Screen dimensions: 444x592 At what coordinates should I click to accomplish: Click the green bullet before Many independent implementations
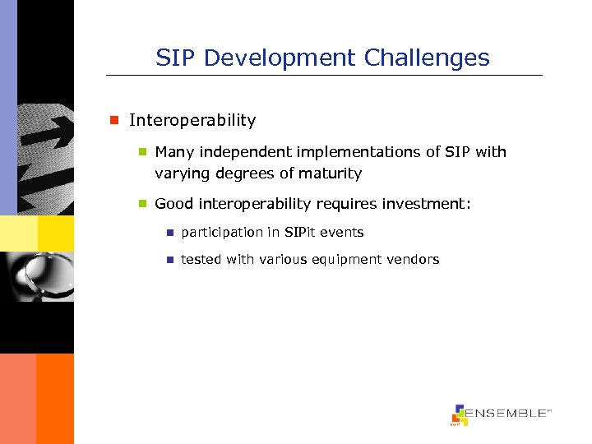[x=141, y=152]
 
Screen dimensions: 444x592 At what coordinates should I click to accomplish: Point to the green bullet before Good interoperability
[x=141, y=204]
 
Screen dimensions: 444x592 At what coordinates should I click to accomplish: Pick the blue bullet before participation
[x=169, y=233]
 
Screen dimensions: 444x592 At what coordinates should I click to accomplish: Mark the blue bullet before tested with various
[x=169, y=260]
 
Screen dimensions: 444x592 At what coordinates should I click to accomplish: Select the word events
[x=345, y=233]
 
